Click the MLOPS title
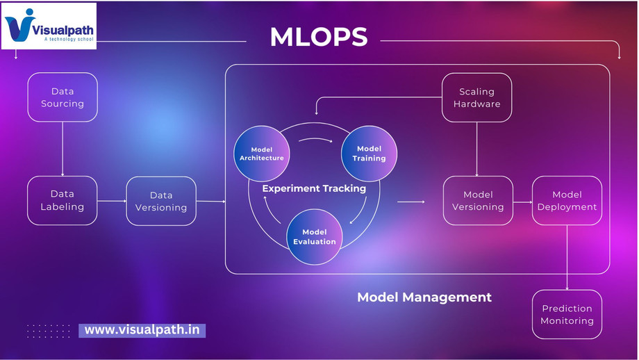(x=319, y=37)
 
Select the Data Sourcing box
(x=63, y=97)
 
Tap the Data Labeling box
(x=63, y=201)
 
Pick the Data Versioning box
(x=161, y=201)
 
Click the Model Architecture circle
(x=262, y=154)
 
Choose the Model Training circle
(x=369, y=154)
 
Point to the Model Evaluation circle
(x=315, y=237)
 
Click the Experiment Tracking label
(x=314, y=188)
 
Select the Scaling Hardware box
(x=476, y=97)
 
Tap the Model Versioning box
(x=478, y=201)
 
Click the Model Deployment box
(x=567, y=201)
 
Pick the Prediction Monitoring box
(x=567, y=314)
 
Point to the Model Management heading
(x=424, y=297)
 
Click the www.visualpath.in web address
(x=142, y=330)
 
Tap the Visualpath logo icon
(x=20, y=25)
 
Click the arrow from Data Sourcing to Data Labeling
(x=63, y=149)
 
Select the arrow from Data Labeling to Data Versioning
(x=112, y=201)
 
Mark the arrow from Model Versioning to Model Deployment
(x=523, y=202)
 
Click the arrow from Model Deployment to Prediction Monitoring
(x=567, y=258)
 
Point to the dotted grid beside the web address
(x=48, y=331)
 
